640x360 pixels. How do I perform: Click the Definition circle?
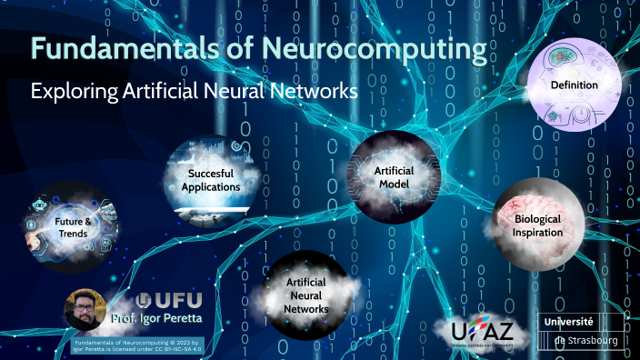574,85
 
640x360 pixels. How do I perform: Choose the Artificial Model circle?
393,176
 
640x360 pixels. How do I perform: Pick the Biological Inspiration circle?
535,224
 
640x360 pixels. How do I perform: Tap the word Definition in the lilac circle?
574,85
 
